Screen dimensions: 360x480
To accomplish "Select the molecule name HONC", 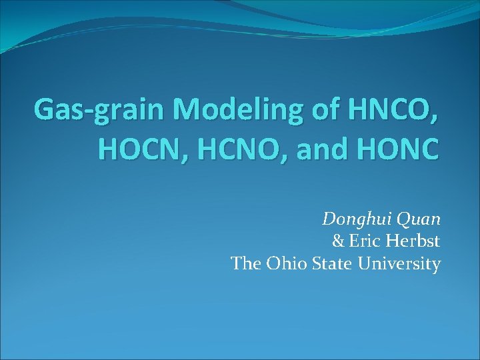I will tap(403, 149).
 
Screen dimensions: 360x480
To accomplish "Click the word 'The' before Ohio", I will tap(247, 264).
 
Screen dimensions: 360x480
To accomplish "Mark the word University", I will tap(399, 265).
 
